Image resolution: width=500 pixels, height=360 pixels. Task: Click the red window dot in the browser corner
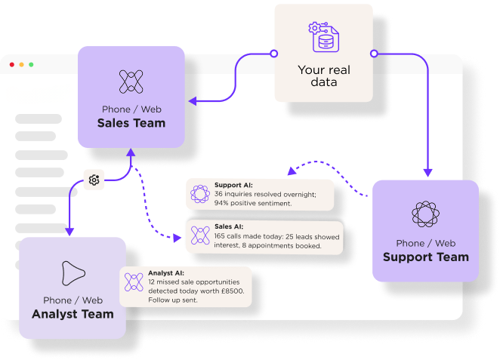(12, 65)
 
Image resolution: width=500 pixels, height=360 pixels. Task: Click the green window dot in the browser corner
(31, 65)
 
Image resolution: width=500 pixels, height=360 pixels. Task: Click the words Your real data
(323, 75)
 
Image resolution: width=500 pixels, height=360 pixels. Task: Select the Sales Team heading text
(131, 123)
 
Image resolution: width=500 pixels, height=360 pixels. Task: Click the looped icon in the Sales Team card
(131, 82)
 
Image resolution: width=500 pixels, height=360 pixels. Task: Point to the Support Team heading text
(425, 257)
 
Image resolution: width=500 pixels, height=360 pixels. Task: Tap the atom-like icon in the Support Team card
(425, 214)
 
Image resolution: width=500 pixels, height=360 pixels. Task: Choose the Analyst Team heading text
(73, 314)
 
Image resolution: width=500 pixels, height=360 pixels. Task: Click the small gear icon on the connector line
(94, 180)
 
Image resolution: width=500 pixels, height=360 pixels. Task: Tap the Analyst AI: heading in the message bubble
(168, 272)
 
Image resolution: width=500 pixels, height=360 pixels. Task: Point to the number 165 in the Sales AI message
(222, 235)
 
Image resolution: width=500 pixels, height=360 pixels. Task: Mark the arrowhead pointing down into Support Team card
(427, 174)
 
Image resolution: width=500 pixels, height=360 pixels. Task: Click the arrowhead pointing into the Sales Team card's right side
(192, 100)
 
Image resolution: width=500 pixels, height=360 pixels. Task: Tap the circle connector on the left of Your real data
(273, 54)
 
